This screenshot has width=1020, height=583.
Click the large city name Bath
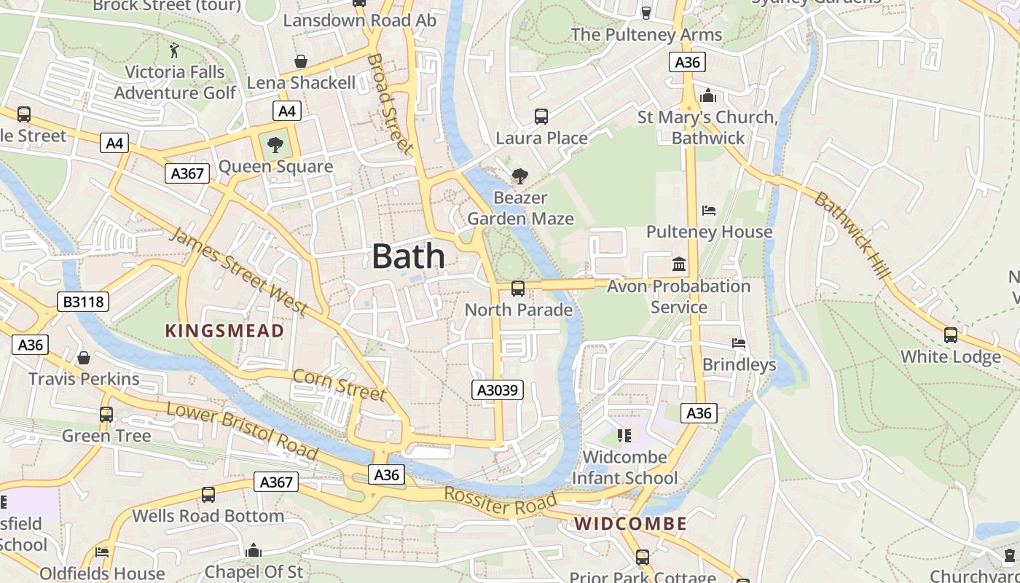[408, 257]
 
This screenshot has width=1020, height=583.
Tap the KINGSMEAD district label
[224, 331]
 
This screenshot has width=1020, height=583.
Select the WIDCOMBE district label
[630, 523]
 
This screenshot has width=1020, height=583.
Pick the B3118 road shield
[82, 302]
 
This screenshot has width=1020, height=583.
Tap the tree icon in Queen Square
[275, 145]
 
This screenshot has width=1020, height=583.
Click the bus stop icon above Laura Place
[541, 116]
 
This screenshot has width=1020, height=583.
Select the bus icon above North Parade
[518, 288]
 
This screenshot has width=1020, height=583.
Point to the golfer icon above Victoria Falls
[174, 50]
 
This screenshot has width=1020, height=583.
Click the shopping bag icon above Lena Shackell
[300, 61]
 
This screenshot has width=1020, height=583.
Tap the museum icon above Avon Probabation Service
[679, 264]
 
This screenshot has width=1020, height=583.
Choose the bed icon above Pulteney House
[709, 211]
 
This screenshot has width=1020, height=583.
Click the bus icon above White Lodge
[951, 334]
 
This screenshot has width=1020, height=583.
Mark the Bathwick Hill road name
[852, 235]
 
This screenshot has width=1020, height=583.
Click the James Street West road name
[238, 270]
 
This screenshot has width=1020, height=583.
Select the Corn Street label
[339, 384]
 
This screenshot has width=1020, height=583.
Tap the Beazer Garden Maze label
[520, 208]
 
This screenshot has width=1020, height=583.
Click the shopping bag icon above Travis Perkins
[84, 358]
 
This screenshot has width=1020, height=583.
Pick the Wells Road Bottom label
[208, 516]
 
